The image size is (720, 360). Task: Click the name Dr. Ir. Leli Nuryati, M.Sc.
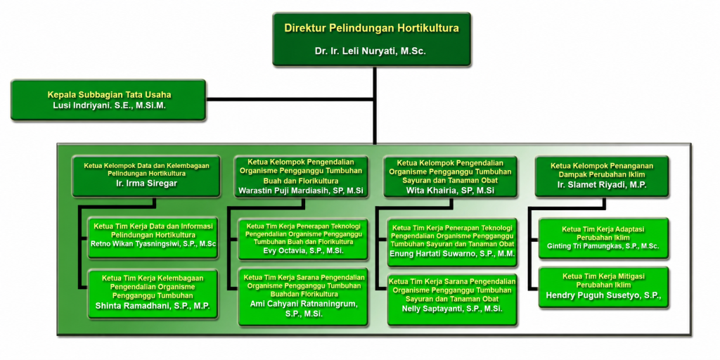(371, 51)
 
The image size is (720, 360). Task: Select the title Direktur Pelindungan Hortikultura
(371, 28)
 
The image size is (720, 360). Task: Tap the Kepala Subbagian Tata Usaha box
(108, 100)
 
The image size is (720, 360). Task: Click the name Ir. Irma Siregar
(146, 184)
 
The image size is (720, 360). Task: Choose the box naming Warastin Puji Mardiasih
(301, 176)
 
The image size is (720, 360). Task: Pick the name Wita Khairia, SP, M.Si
(450, 191)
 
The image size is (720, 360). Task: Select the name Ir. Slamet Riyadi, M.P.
(602, 186)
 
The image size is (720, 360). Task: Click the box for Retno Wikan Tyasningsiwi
(153, 238)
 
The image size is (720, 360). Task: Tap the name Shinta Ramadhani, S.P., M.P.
(153, 305)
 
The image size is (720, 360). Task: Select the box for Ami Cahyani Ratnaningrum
(303, 297)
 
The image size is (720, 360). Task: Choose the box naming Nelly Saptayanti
(452, 300)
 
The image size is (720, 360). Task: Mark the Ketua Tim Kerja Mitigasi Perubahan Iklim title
(603, 280)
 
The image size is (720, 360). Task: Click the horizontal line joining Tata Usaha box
(290, 99)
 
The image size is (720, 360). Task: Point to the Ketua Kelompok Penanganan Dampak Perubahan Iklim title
(602, 170)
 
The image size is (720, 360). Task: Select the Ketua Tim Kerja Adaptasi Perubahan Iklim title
(603, 233)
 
